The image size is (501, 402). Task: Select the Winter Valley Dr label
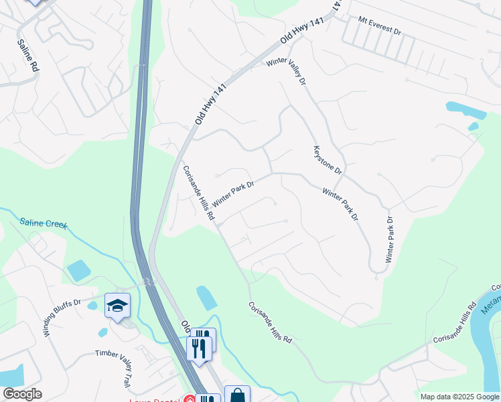(x=287, y=71)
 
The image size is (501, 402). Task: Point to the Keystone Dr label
(x=328, y=161)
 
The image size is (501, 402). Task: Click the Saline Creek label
(x=44, y=224)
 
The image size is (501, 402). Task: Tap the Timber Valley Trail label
(x=112, y=368)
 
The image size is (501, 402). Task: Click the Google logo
(x=21, y=394)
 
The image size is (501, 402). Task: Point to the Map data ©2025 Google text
(x=459, y=397)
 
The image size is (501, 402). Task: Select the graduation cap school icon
(x=117, y=306)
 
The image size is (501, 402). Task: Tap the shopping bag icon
(x=237, y=396)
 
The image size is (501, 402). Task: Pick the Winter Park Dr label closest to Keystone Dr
(x=340, y=204)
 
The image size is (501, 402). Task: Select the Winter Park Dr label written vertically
(x=389, y=239)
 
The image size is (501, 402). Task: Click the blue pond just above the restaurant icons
(x=206, y=298)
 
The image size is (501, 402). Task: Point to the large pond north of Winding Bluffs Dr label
(x=78, y=271)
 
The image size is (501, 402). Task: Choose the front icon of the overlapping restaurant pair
(x=199, y=348)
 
